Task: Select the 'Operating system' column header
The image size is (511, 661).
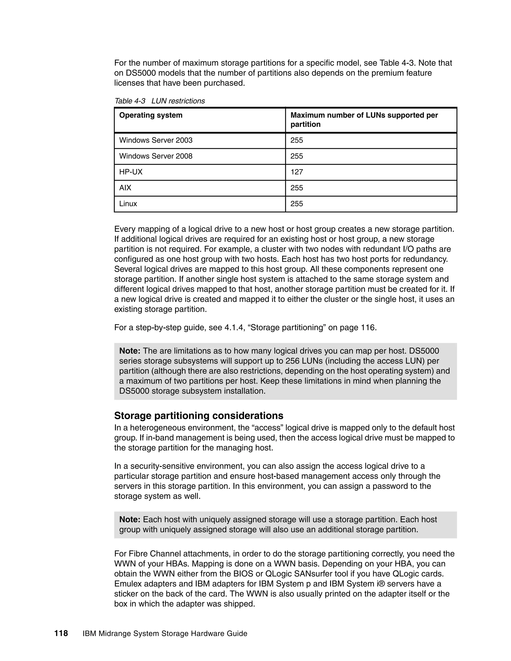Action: point(150,115)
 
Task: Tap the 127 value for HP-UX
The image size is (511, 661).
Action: point(296,172)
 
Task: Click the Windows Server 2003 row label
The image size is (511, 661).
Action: point(156,140)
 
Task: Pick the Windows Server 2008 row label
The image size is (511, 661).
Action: point(156,156)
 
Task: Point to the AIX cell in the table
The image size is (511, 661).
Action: point(125,188)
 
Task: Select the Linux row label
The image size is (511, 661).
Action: point(128,204)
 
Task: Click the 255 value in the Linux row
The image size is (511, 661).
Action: point(296,204)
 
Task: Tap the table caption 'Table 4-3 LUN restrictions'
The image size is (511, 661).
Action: point(159,101)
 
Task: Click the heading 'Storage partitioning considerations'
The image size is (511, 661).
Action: point(199,416)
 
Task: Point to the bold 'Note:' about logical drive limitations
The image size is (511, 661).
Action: point(129,351)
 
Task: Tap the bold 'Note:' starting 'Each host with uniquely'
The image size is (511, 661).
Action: point(129,520)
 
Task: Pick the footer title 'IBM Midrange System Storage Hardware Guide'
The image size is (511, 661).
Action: point(165,634)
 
